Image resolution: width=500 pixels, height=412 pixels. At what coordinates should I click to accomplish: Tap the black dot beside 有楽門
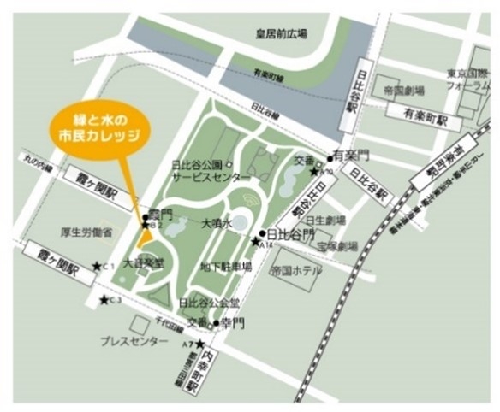[x=330, y=158]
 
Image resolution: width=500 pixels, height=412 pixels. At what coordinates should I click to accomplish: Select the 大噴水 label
[x=217, y=224]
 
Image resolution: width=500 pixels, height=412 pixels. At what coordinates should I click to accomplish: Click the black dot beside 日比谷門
[x=261, y=232]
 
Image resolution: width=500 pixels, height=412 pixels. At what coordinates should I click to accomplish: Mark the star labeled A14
[x=254, y=242]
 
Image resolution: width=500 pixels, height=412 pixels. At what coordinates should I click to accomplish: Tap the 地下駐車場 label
[x=226, y=267]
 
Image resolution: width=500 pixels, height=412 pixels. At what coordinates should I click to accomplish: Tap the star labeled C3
[x=104, y=299]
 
